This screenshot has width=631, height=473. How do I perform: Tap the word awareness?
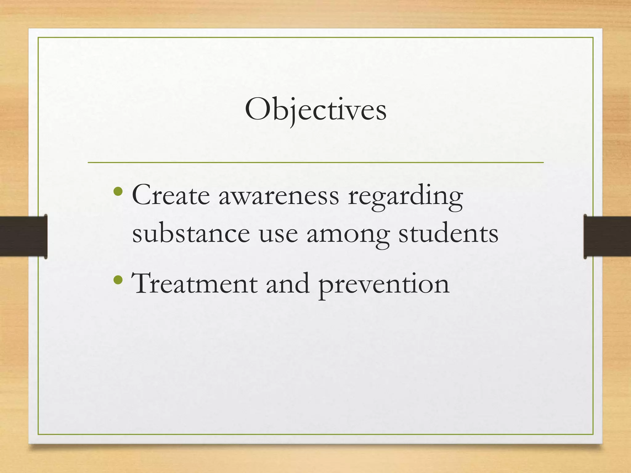279,197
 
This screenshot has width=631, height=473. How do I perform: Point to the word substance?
191,234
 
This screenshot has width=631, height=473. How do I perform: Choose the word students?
448,234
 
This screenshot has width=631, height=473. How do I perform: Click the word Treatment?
194,284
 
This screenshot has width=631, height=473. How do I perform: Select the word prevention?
384,286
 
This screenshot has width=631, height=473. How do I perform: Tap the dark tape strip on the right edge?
607,236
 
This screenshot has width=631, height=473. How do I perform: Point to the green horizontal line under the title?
315,162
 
